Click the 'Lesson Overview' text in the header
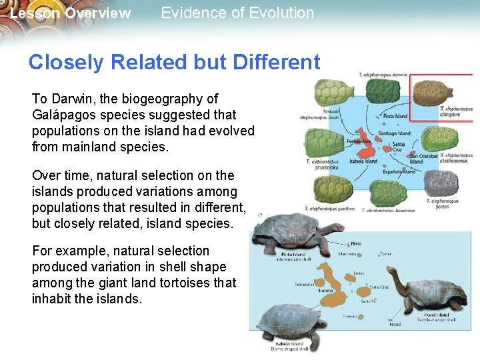point(71,13)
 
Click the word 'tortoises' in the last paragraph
point(187,283)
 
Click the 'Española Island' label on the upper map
point(399,171)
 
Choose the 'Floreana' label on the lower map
point(350,316)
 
